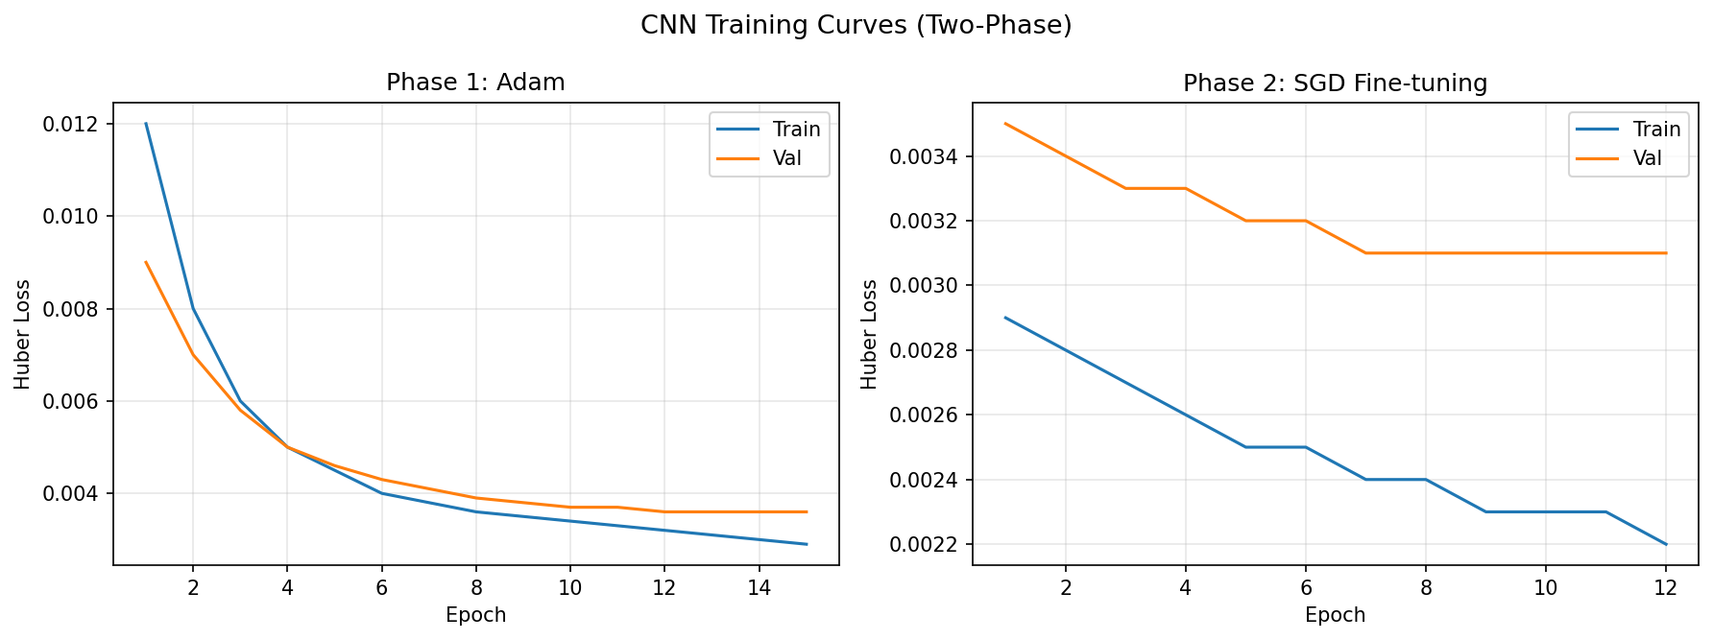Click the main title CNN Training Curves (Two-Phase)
(856, 26)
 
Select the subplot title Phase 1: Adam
(475, 83)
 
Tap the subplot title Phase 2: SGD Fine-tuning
(1335, 83)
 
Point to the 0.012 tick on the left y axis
(70, 125)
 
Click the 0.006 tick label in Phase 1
(70, 402)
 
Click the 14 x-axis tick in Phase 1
(759, 587)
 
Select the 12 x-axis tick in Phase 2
(1665, 587)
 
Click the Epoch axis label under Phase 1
(475, 615)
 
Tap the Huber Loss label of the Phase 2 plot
(869, 334)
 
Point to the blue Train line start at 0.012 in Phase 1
(146, 124)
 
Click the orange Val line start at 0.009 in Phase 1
(146, 262)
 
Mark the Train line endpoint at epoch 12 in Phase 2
(1665, 544)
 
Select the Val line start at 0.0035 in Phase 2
(1005, 124)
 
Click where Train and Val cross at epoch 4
(287, 447)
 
